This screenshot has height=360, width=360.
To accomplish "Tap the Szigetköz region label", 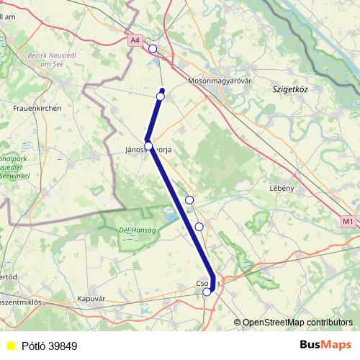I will [290, 89].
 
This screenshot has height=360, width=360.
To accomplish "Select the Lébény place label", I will [282, 188].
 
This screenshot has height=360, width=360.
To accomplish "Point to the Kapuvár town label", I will [92, 297].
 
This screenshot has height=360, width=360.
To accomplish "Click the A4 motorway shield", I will [135, 41].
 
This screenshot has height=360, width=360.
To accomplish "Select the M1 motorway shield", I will [348, 222].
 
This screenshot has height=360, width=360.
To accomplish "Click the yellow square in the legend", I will [11, 346].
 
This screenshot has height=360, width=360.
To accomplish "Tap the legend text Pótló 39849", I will [49, 346].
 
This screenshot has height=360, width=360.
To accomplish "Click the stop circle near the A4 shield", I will [152, 49].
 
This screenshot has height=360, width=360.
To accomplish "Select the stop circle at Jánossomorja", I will [148, 145].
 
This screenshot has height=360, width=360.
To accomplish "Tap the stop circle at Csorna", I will [207, 292].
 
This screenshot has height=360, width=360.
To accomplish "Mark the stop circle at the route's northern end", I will [161, 96].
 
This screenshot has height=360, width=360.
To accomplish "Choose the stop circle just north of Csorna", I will [199, 227].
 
